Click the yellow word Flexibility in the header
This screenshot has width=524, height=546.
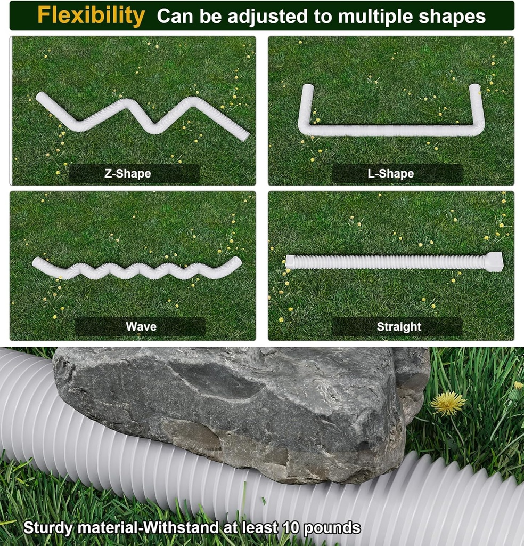pos(91,16)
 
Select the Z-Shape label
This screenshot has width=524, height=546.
pos(127,173)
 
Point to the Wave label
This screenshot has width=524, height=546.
pos(141,326)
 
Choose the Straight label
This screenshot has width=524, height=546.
pos(399,326)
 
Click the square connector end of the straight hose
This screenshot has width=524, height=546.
pos(494,262)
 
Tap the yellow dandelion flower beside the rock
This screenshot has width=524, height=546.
pos(448,403)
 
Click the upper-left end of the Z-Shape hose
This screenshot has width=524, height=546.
pos(40,97)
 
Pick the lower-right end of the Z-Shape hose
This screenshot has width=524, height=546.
pos(244,135)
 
